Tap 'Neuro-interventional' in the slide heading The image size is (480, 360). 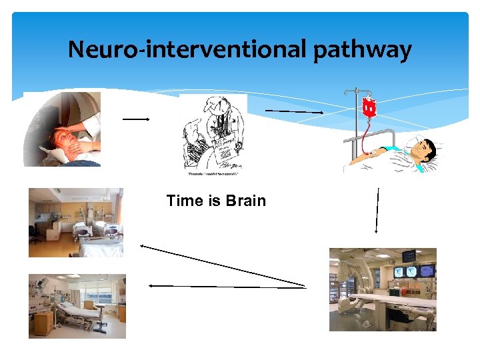186,49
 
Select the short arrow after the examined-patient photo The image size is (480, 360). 135,119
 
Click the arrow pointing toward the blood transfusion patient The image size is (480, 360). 294,111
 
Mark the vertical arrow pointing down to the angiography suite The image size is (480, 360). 377,210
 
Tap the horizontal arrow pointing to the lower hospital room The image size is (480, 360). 227,287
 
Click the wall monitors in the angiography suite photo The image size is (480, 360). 417,271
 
